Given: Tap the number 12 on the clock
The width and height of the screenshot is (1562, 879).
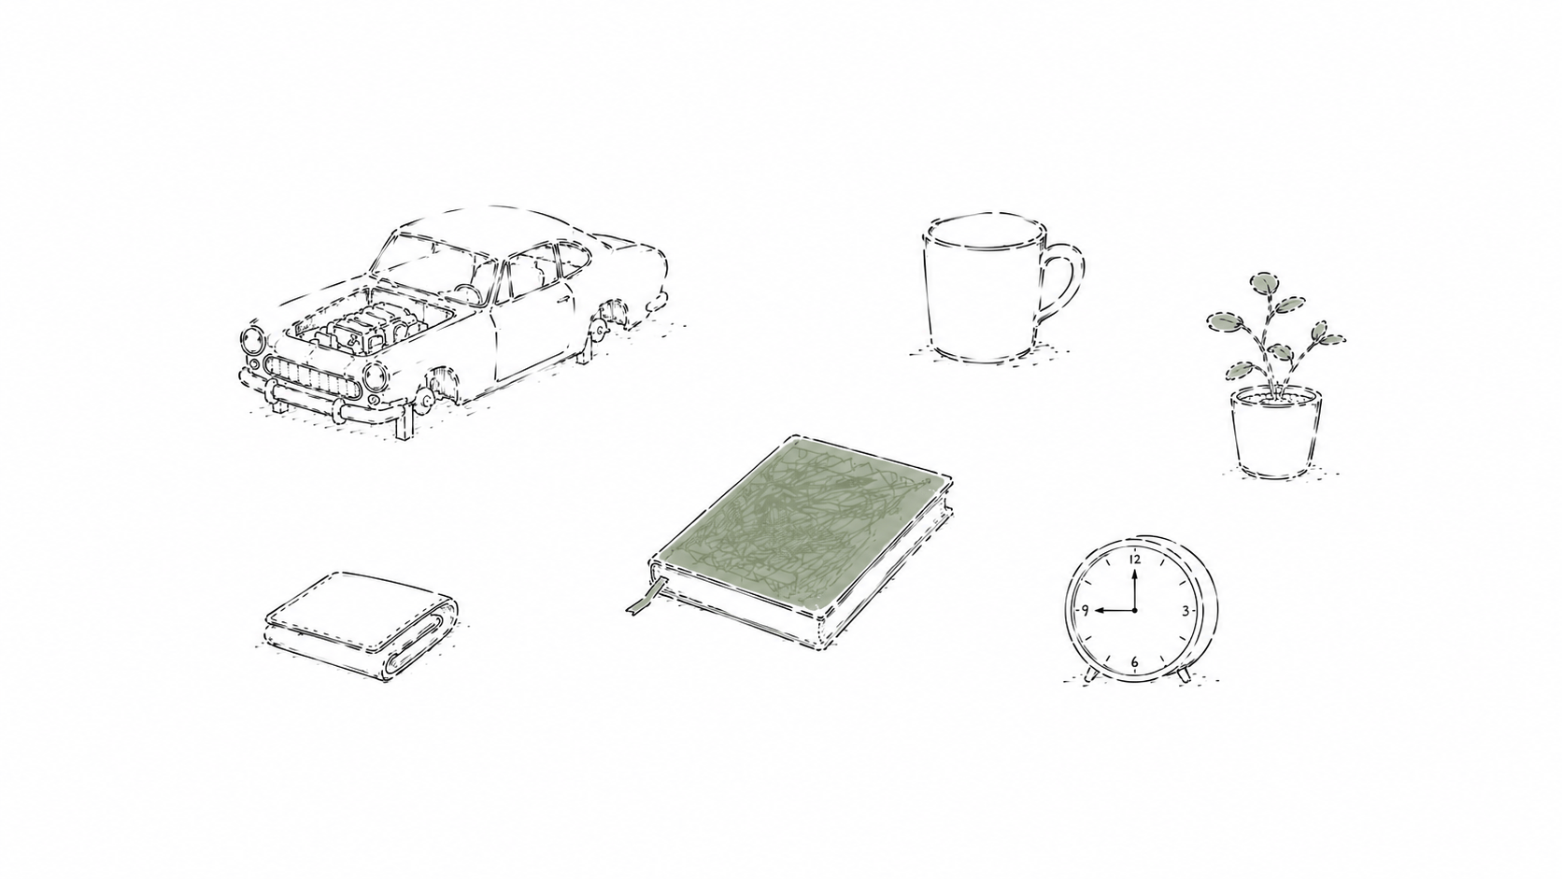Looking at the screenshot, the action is [x=1134, y=559].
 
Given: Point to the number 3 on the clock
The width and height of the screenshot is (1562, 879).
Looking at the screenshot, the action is [x=1186, y=611].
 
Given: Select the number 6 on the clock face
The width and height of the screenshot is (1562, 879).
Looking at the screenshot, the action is [x=1134, y=661].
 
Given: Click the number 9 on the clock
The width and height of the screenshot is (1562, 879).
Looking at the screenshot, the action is [x=1085, y=611].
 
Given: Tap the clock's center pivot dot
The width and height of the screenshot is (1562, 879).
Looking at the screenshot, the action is [x=1134, y=611].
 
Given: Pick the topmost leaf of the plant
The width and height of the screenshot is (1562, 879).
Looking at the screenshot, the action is [x=1267, y=282].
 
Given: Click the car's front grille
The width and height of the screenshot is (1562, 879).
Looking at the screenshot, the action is [x=311, y=377].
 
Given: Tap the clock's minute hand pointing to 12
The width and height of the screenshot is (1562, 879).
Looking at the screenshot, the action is [x=1134, y=589].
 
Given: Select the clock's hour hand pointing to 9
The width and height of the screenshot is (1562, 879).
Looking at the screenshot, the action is [x=1115, y=611].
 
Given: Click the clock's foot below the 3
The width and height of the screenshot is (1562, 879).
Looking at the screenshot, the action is [x=1184, y=674].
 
